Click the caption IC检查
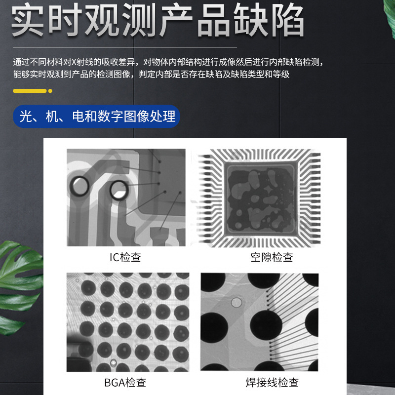[125, 257]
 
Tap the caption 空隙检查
[272, 257]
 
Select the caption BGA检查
[125, 383]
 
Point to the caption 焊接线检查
[272, 383]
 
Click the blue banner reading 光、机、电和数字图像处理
[97, 117]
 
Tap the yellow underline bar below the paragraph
[29, 91]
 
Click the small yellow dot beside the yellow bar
[50, 91]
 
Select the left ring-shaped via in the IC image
[80, 186]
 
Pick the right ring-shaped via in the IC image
[118, 190]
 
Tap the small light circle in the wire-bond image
[237, 302]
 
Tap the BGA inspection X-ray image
[128, 322]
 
